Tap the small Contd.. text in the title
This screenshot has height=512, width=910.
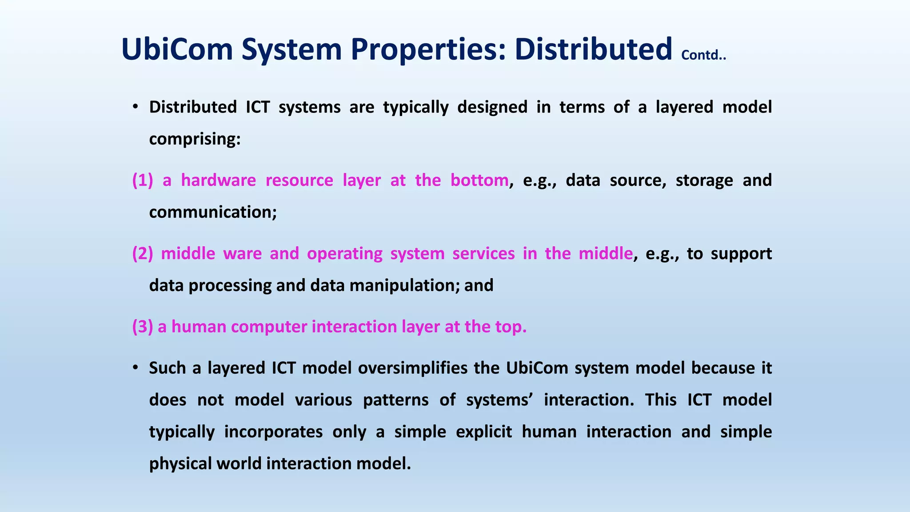point(703,55)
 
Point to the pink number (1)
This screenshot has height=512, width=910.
point(142,180)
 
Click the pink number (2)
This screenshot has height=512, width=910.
point(142,254)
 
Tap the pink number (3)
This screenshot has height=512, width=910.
point(142,327)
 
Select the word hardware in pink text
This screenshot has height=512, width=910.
point(218,180)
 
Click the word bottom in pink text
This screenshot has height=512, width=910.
point(479,180)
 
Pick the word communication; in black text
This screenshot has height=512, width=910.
point(213,212)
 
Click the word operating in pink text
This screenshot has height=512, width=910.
point(344,254)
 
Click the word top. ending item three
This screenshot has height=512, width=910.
point(511,327)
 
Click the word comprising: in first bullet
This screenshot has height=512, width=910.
point(195,140)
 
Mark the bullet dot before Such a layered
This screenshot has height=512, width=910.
point(136,368)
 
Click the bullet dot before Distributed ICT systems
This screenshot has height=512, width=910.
point(136,107)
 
